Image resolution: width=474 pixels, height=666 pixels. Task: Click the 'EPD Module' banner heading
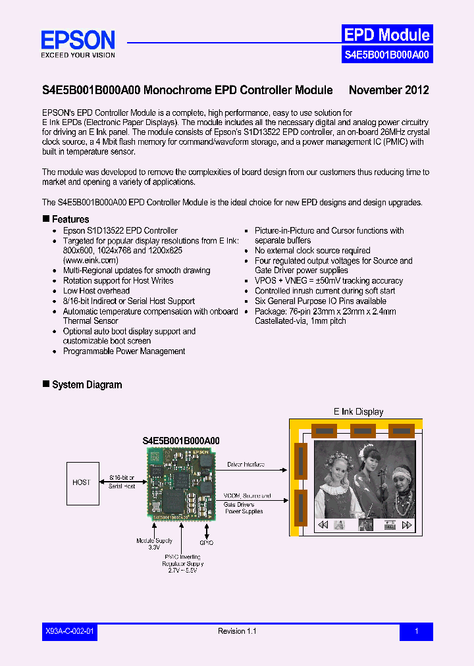pos(386,35)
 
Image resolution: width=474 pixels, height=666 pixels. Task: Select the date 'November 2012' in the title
pos(388,90)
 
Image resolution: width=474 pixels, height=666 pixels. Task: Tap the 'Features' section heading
pos(70,219)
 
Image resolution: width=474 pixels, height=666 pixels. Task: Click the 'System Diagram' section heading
pos(86,385)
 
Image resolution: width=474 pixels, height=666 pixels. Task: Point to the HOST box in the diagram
pos(82,482)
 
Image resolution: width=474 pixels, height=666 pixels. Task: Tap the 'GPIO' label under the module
pos(207,543)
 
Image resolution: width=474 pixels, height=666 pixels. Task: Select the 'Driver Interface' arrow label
pos(246,465)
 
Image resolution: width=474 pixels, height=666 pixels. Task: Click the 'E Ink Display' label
pos(358,412)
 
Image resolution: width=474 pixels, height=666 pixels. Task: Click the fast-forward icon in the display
pos(407,525)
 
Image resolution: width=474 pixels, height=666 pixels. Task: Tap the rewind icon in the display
pos(323,525)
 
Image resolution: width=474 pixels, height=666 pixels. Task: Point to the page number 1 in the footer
pos(416,632)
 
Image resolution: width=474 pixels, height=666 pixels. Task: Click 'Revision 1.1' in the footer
pos(237,632)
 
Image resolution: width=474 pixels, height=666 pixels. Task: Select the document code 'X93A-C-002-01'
pos(70,632)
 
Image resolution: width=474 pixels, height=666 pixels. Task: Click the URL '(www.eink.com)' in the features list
pos(91,261)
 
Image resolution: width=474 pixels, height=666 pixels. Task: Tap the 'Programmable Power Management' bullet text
pos(124,351)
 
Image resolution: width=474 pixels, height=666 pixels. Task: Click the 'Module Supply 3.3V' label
pos(155,544)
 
